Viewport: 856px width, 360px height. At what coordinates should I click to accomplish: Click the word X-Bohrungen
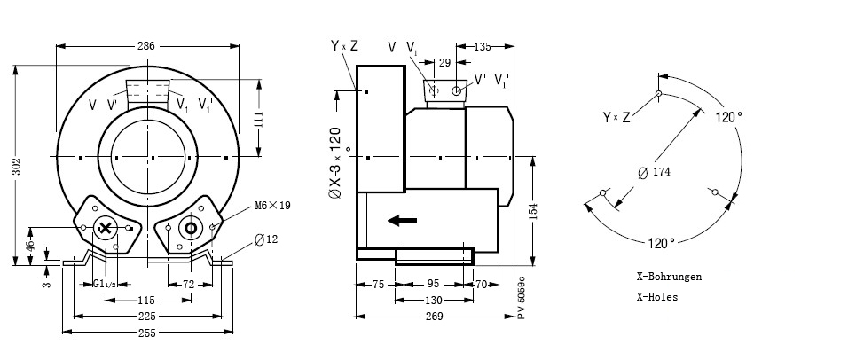tap(669, 277)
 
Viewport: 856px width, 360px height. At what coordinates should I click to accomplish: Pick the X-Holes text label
tap(657, 297)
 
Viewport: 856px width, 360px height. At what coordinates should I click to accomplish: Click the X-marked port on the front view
tap(106, 228)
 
